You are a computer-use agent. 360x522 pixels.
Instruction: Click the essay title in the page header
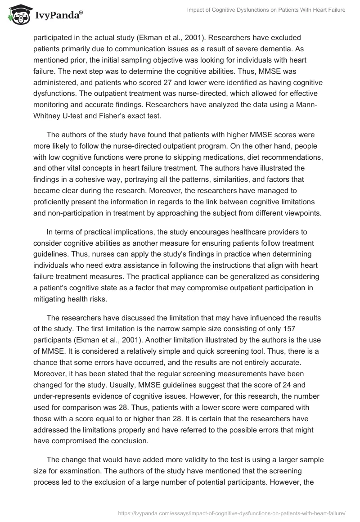[x=266, y=9]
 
